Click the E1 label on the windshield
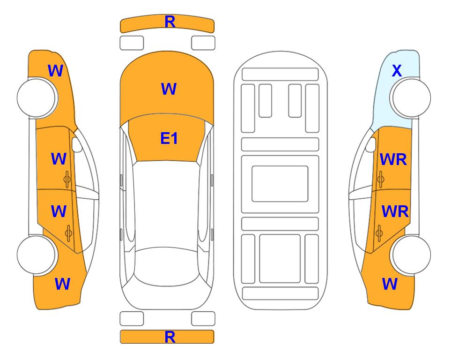(x=169, y=138)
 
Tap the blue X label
(x=397, y=71)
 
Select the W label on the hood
(x=169, y=89)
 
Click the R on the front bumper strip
(x=170, y=22)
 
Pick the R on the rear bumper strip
(x=170, y=337)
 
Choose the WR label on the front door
(x=393, y=159)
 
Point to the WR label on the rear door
(x=395, y=212)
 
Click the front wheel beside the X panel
(x=410, y=98)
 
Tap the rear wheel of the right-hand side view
(x=410, y=255)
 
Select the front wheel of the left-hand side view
(x=37, y=98)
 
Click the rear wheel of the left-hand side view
(x=37, y=255)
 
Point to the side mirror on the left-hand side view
(x=77, y=144)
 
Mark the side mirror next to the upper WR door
(x=371, y=144)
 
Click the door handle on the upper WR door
(x=381, y=179)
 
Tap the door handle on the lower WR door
(x=379, y=233)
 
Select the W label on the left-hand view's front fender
(x=56, y=71)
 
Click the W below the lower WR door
(x=390, y=284)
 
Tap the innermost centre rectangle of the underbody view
(x=280, y=184)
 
